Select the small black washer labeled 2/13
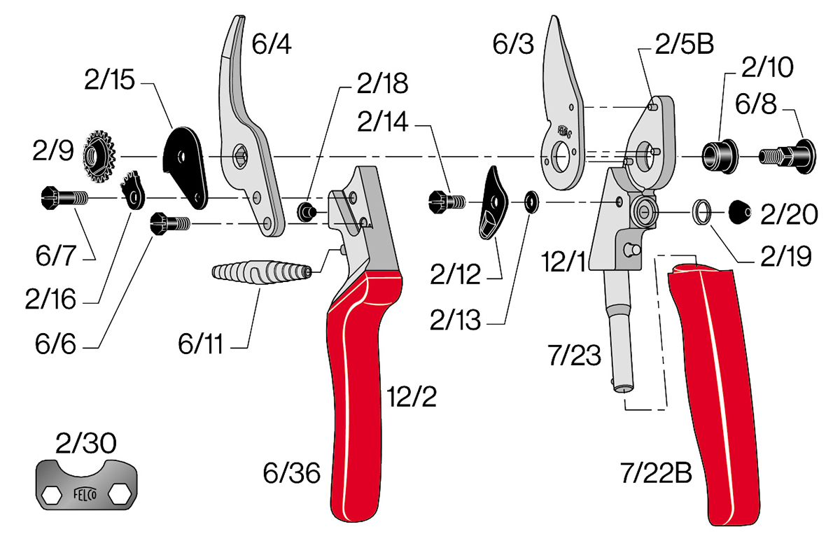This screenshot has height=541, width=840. point(530,203)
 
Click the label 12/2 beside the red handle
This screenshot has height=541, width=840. point(411,398)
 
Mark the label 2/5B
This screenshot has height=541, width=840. point(683,45)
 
